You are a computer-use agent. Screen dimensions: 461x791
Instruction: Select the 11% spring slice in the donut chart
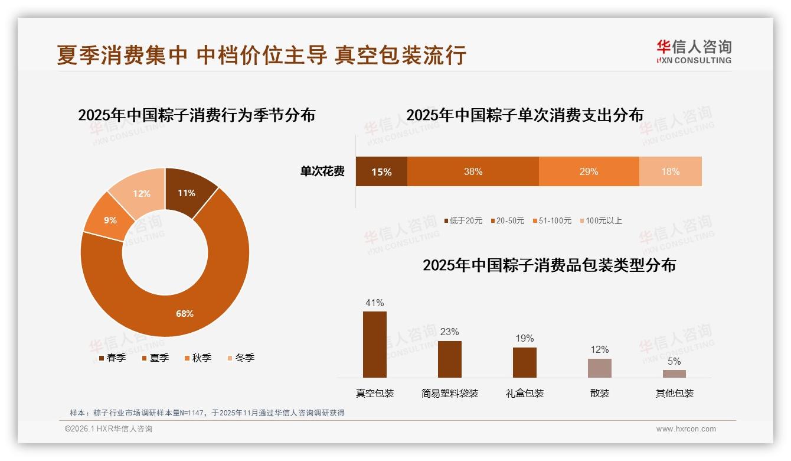click(187, 193)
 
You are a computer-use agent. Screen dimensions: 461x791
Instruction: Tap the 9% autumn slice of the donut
click(110, 220)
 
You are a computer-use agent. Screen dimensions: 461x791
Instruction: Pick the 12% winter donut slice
click(141, 193)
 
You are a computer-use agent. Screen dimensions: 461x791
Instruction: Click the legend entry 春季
click(112, 358)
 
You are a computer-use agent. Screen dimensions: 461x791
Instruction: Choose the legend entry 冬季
click(244, 358)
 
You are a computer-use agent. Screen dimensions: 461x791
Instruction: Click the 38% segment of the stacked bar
click(473, 171)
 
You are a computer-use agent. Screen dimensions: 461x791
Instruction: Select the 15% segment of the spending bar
click(381, 171)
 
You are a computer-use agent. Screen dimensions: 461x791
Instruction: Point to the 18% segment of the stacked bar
click(670, 171)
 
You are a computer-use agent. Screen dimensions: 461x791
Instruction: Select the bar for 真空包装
click(375, 345)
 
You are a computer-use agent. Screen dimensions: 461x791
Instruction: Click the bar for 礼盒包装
click(525, 362)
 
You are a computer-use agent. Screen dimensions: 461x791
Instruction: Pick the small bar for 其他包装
click(674, 374)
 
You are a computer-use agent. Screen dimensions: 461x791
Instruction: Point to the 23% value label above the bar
click(449, 332)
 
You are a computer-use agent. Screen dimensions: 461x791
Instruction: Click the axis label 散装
click(600, 393)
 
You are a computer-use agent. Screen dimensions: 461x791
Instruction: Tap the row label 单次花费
click(322, 171)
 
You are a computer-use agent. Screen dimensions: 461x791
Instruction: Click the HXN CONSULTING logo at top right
click(694, 51)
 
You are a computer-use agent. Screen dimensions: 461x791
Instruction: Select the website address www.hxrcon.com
click(686, 429)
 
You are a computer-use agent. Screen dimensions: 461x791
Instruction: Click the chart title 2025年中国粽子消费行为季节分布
click(197, 115)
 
